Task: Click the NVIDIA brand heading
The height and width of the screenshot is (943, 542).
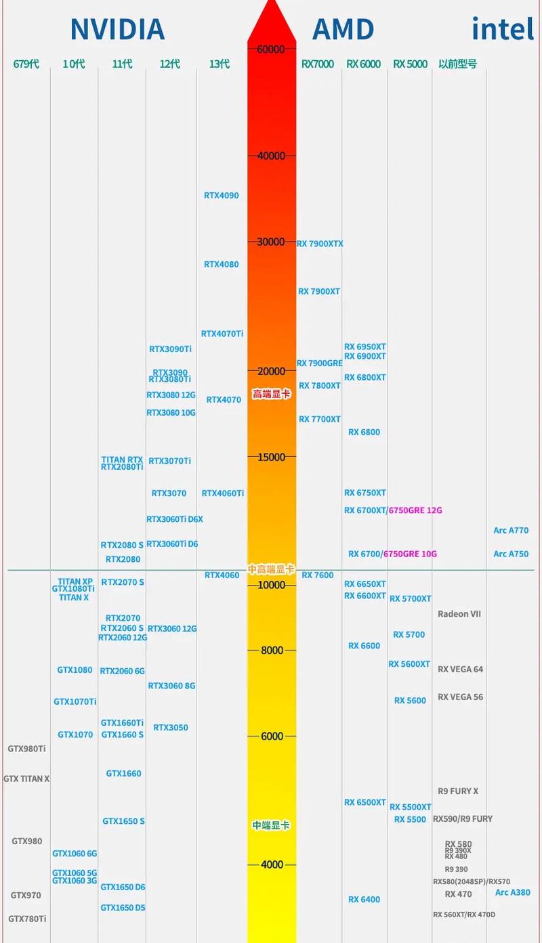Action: coord(117,30)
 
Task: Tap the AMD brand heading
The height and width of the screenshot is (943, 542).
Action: coord(343,30)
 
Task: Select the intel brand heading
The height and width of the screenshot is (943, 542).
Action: coord(503,30)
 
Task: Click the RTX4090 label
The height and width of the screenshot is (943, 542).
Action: coord(222,196)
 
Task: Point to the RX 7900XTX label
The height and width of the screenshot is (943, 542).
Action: coord(320,244)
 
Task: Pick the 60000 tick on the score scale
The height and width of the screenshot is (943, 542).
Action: coord(271,49)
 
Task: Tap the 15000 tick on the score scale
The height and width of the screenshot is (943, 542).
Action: coord(271,457)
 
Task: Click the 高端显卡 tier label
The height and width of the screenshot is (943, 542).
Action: coord(271,394)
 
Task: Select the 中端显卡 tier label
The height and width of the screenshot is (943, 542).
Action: coord(271,825)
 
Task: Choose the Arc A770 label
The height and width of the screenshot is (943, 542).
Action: coord(511,531)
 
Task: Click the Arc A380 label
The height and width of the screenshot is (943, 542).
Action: coord(513,892)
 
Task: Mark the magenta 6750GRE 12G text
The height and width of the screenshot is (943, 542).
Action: coord(415,510)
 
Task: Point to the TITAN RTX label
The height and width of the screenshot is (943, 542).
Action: coord(122,460)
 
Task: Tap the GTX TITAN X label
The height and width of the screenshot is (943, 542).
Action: coord(26,778)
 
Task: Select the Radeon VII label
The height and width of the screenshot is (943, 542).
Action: coord(459,614)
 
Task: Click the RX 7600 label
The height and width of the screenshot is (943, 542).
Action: coord(318,575)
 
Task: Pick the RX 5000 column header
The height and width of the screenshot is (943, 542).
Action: coord(410,64)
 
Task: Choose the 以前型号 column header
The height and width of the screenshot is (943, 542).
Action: coord(457,64)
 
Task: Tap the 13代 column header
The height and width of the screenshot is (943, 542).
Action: coord(220,64)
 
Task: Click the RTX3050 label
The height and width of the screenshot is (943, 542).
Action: coord(171,728)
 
